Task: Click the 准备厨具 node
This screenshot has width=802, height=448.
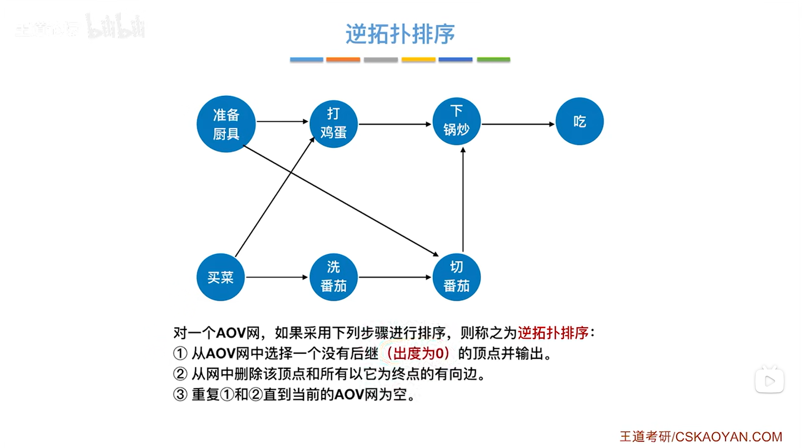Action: tap(226, 124)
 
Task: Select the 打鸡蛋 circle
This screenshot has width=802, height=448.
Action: tap(333, 123)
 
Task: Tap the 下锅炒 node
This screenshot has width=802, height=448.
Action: tap(456, 121)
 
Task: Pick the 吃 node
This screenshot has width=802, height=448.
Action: tap(579, 121)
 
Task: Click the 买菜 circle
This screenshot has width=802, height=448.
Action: tap(220, 277)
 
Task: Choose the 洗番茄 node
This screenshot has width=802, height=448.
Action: tap(333, 277)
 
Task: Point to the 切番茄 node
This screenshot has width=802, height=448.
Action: tap(456, 277)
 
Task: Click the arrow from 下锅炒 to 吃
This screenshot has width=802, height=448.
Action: tap(518, 124)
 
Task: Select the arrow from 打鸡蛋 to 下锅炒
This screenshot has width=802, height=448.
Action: tap(395, 124)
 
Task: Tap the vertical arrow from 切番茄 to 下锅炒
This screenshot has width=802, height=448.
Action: tap(463, 200)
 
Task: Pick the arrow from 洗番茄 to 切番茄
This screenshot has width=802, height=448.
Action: tap(395, 277)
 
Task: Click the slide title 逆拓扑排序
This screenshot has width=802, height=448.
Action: tap(400, 34)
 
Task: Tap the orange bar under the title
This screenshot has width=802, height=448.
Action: tap(343, 60)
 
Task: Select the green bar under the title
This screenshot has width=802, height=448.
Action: tap(493, 60)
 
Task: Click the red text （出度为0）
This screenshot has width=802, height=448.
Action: tap(418, 353)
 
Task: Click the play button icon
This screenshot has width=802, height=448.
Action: tap(769, 381)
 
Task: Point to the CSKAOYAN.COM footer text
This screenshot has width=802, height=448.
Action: tap(728, 437)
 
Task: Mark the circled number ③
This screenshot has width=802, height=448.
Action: tap(180, 395)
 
